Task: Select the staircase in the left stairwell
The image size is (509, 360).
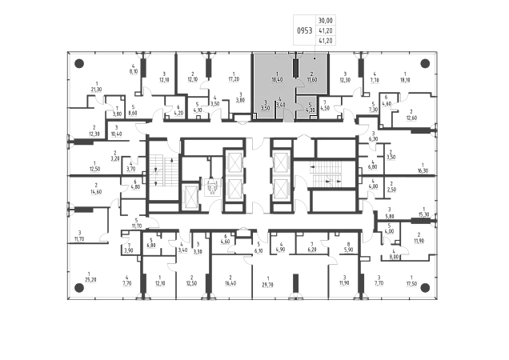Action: click(161, 174)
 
